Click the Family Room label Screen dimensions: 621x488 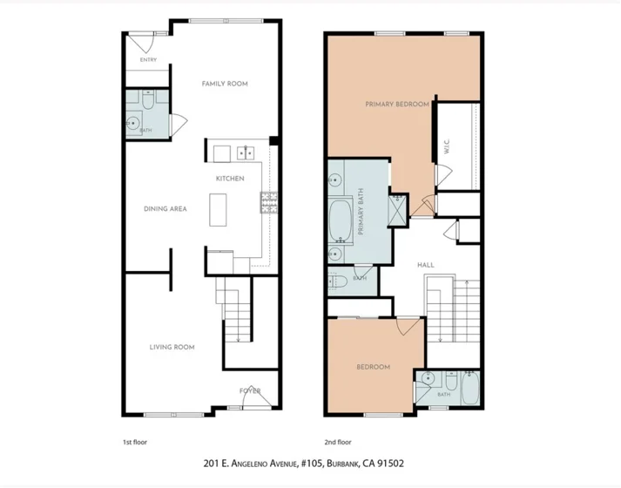tap(225, 84)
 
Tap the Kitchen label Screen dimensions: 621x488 tap(230, 179)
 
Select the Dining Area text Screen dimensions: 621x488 tap(165, 209)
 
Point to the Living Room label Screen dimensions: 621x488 tap(172, 347)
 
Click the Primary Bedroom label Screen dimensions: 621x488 tap(397, 105)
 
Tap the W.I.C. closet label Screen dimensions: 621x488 tap(447, 146)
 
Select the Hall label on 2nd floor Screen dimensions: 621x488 tap(426, 265)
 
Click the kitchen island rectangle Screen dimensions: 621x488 tap(218, 209)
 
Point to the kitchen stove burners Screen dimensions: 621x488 tap(269, 202)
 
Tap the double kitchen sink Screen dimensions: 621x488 tap(246, 152)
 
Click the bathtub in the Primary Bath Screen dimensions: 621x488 tap(341, 221)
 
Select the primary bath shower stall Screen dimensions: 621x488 tap(398, 209)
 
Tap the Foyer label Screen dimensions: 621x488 tap(250, 391)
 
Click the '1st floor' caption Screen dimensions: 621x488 tap(135, 442)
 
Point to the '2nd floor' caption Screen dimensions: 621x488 tap(338, 442)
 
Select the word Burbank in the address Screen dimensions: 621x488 tap(342, 464)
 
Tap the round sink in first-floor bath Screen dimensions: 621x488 tap(133, 123)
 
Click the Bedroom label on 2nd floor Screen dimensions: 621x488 tap(373, 367)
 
